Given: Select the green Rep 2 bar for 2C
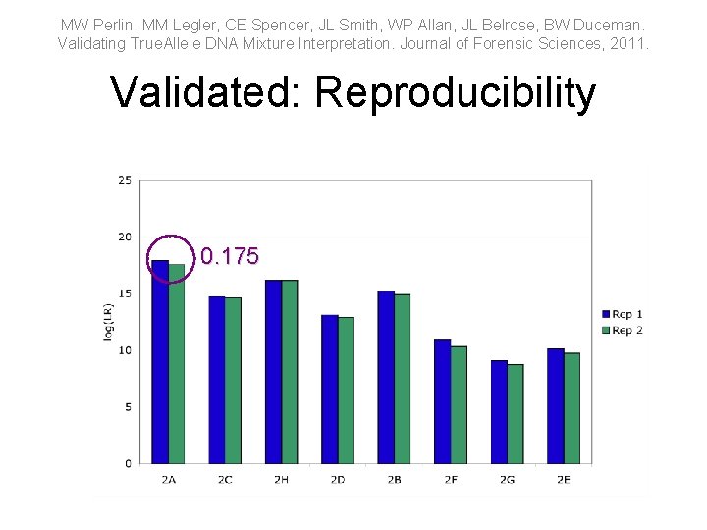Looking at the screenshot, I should click(x=233, y=380).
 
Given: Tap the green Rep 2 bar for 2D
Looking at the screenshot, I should click(x=346, y=390).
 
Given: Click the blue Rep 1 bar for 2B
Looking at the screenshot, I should click(x=386, y=377).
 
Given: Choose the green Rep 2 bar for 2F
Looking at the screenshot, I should click(x=459, y=404).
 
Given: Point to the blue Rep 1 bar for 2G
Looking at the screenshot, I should click(x=499, y=411).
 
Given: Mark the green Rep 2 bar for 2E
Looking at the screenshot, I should click(x=571, y=407).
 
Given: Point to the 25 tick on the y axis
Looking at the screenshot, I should click(x=125, y=180).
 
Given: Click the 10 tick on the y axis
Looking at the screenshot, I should click(x=125, y=350).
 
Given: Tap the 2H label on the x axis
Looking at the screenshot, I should click(x=281, y=480).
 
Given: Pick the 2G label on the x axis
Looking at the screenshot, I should click(x=507, y=480).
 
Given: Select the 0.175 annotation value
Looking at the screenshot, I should click(x=230, y=257).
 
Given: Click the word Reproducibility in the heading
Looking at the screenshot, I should click(x=455, y=93).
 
